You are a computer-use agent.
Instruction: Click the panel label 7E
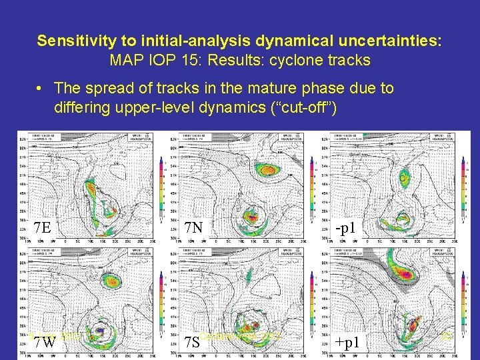[42, 228]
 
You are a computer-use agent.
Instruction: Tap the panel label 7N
[193, 228]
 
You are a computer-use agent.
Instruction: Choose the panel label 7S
[192, 343]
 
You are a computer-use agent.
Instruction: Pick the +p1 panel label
[348, 343]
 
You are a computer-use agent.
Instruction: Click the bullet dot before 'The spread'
[41, 88]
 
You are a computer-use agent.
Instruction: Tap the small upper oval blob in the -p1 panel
[403, 179]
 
